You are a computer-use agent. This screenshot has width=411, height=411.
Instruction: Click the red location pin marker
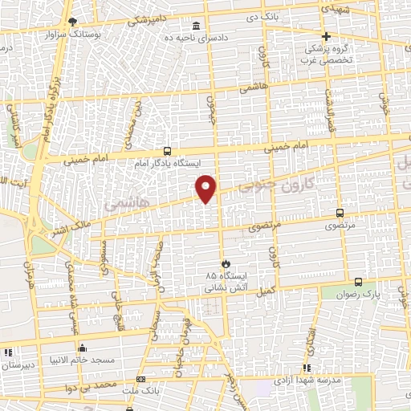[x=206, y=188]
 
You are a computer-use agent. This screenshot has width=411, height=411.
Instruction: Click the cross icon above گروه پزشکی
[x=326, y=36]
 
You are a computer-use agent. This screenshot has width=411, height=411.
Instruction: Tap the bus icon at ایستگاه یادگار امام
[x=166, y=150]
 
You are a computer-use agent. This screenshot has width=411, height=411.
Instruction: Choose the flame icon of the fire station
[x=226, y=262]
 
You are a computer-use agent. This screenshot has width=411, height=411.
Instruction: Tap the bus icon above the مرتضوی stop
[x=340, y=214]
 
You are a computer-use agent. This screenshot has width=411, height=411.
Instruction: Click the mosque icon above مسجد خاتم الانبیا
[x=81, y=348]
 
